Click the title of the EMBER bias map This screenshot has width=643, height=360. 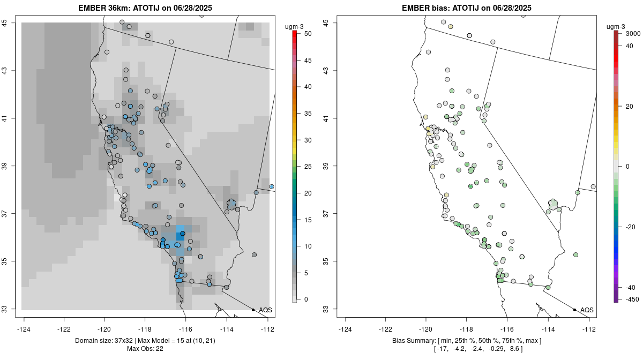467,8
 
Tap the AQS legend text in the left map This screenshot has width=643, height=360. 265,310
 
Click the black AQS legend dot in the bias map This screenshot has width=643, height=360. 574,310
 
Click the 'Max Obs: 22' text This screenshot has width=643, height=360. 145,349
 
